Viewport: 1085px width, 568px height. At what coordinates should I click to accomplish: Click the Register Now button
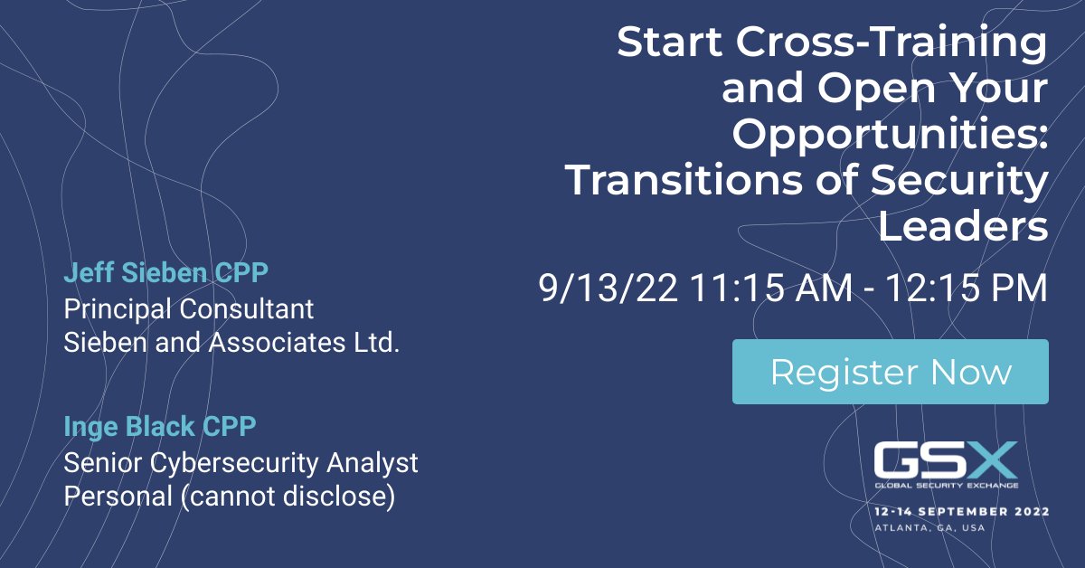tap(890, 372)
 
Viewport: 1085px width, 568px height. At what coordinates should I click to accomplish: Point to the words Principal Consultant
tap(189, 308)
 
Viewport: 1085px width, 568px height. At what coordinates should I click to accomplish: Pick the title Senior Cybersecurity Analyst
tap(241, 462)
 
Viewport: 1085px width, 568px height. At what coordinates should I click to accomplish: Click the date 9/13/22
tap(609, 289)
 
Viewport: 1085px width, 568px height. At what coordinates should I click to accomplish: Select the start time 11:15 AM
tap(770, 289)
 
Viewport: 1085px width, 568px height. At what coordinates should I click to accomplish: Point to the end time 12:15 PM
tap(966, 289)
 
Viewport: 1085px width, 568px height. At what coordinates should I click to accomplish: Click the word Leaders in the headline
tap(963, 227)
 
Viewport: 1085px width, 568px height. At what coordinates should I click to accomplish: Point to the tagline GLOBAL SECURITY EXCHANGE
tap(946, 485)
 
